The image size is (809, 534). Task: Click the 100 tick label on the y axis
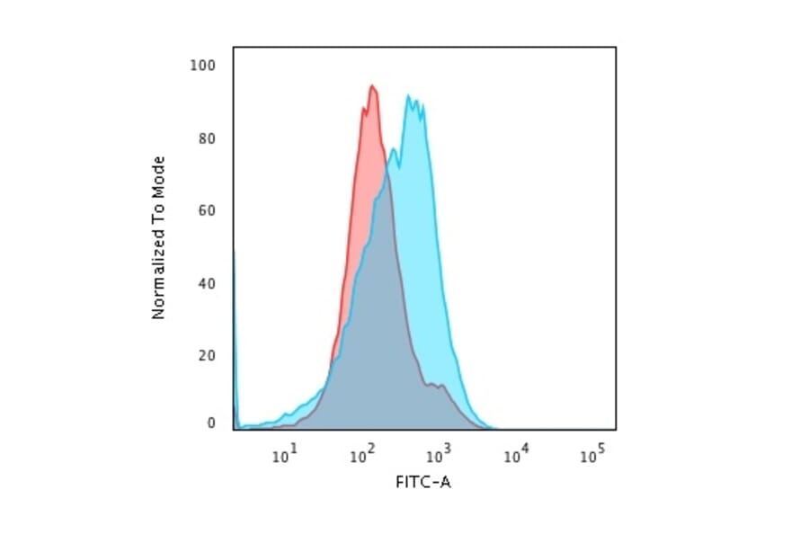coord(204,66)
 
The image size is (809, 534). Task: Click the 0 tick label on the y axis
coord(211,423)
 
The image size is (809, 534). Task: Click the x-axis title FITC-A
coord(423,483)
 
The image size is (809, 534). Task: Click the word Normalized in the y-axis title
coord(159,279)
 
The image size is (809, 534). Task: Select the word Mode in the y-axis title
coord(159,174)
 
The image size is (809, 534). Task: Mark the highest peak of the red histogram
coord(371,86)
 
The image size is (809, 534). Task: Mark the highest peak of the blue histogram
coord(408,96)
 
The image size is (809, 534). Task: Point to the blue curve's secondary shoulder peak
coord(393,148)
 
